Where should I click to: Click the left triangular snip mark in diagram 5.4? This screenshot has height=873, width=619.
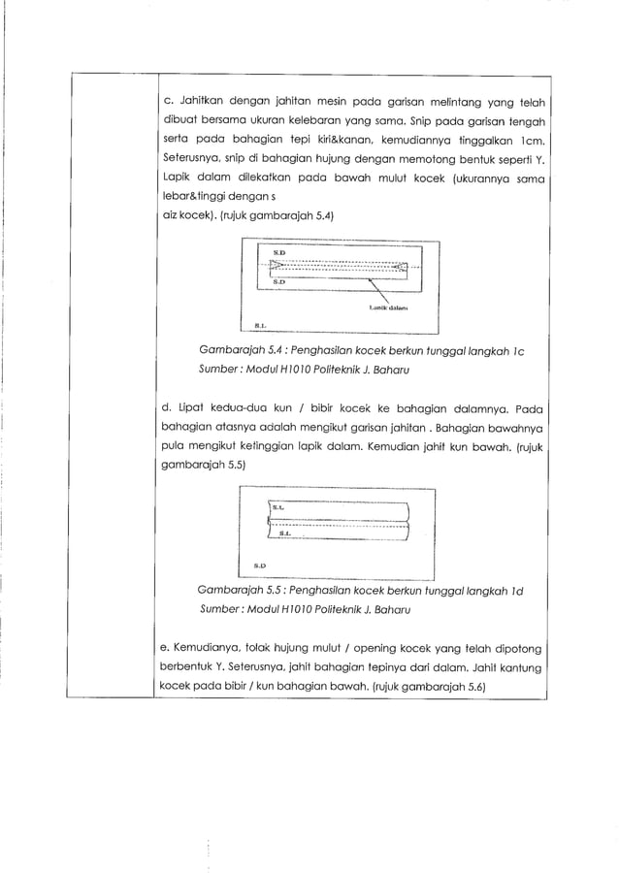(x=276, y=265)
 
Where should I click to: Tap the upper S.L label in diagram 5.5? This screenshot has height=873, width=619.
(x=277, y=506)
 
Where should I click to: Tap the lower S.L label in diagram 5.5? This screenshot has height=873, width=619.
(x=284, y=533)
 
